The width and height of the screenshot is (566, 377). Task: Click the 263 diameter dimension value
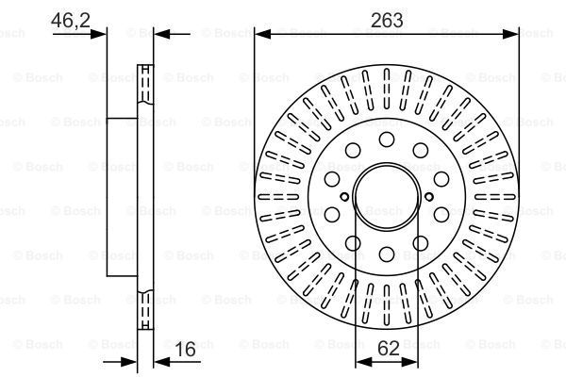coord(387,20)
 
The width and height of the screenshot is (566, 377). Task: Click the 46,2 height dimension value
coord(71,20)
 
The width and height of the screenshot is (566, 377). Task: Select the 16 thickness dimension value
coord(186,349)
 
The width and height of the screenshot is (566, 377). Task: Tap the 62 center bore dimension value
coord(389,349)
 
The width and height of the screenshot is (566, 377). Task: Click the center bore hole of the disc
coord(387,197)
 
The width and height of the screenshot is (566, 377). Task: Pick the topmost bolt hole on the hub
coord(387,139)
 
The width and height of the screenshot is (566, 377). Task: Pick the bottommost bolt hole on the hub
coord(387,254)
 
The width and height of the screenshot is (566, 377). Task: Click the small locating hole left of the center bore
coord(344,197)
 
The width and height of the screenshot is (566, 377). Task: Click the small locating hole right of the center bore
coord(429,197)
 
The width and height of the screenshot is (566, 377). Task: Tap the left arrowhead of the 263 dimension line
coord(263,34)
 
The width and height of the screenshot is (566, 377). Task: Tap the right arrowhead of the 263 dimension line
coord(510,34)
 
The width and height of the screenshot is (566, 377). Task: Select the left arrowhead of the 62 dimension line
coord(363,362)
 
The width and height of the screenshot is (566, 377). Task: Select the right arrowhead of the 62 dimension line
coord(409,362)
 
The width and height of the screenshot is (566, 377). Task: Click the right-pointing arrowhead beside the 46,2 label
coord(98,34)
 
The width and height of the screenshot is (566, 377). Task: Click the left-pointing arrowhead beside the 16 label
coord(161,362)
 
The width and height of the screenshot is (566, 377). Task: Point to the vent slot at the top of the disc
coord(387,89)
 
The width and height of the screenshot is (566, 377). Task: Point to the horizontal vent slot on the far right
coord(495,197)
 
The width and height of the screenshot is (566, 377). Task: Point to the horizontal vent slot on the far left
coord(278,197)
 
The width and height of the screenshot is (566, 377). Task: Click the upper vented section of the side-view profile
coord(145,85)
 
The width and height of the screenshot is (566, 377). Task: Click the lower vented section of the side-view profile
coord(145,309)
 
